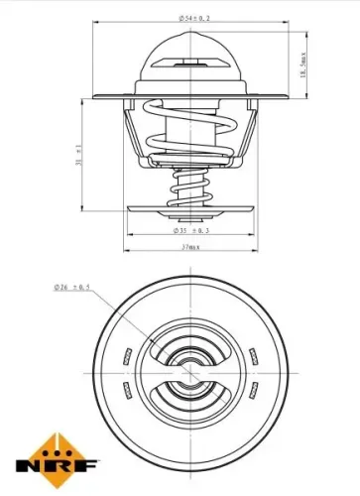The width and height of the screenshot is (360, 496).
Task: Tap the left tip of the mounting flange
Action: (92, 97)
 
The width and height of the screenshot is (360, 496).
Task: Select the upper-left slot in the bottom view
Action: (127, 355)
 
